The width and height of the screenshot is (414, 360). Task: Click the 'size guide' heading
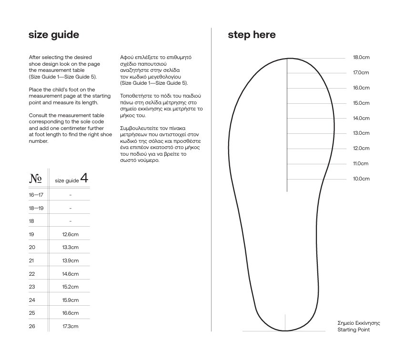pos(54,35)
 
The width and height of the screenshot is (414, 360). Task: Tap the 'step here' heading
pos(252,35)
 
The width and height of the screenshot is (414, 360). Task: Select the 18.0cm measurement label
pos(361,58)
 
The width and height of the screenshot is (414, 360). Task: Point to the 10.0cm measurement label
pos(361,179)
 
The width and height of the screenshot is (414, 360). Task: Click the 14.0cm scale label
pos(361,118)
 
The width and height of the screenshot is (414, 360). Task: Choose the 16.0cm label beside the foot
pos(361,88)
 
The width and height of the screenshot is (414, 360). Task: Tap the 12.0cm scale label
pos(361,149)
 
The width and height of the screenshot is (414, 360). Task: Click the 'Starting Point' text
pos(353,330)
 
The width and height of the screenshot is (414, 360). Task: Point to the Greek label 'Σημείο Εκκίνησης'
pos(359,323)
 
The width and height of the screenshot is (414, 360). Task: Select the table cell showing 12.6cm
pos(71,234)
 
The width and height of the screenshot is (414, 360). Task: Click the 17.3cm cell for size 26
pos(71,326)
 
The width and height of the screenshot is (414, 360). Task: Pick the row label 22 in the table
pos(32,274)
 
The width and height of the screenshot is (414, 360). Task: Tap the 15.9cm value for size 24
pos(71,300)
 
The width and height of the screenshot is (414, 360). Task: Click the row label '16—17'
pos(36,195)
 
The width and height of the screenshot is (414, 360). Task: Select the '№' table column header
pos(35,179)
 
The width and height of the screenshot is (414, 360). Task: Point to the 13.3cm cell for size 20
pos(71,248)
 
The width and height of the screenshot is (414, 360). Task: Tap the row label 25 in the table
pos(32,313)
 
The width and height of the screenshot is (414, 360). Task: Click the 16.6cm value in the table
pos(71,313)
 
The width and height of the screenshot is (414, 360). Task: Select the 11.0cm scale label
pos(361,164)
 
